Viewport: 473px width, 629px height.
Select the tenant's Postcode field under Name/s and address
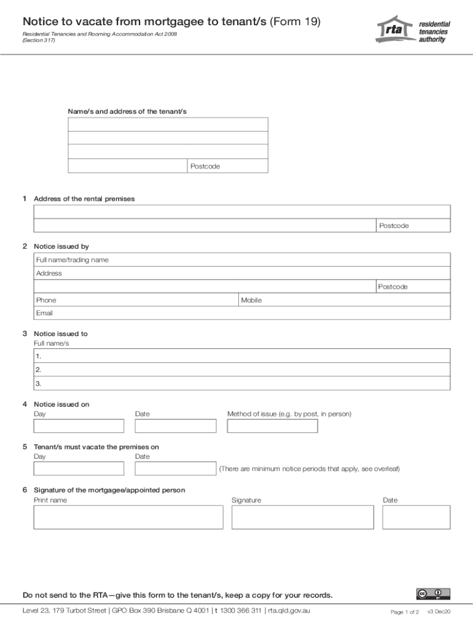(227, 166)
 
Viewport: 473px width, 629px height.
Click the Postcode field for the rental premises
(413, 226)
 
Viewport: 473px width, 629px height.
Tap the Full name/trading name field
(242, 260)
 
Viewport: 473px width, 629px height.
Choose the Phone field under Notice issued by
(136, 300)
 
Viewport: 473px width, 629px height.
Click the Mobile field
(345, 300)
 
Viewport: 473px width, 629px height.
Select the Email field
(242, 313)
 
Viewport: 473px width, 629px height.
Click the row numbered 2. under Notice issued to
(242, 370)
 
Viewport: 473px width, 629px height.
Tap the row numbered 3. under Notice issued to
(242, 383)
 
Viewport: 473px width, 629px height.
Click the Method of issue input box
(272, 426)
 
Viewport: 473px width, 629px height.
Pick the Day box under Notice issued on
(79, 426)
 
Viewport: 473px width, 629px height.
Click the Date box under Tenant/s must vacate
(176, 469)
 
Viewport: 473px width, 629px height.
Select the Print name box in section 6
(128, 517)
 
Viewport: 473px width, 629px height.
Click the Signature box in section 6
(302, 517)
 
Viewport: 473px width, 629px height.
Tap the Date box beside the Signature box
(416, 517)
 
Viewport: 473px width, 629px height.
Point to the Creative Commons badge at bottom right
(433, 594)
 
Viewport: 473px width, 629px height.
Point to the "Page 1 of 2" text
(405, 612)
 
